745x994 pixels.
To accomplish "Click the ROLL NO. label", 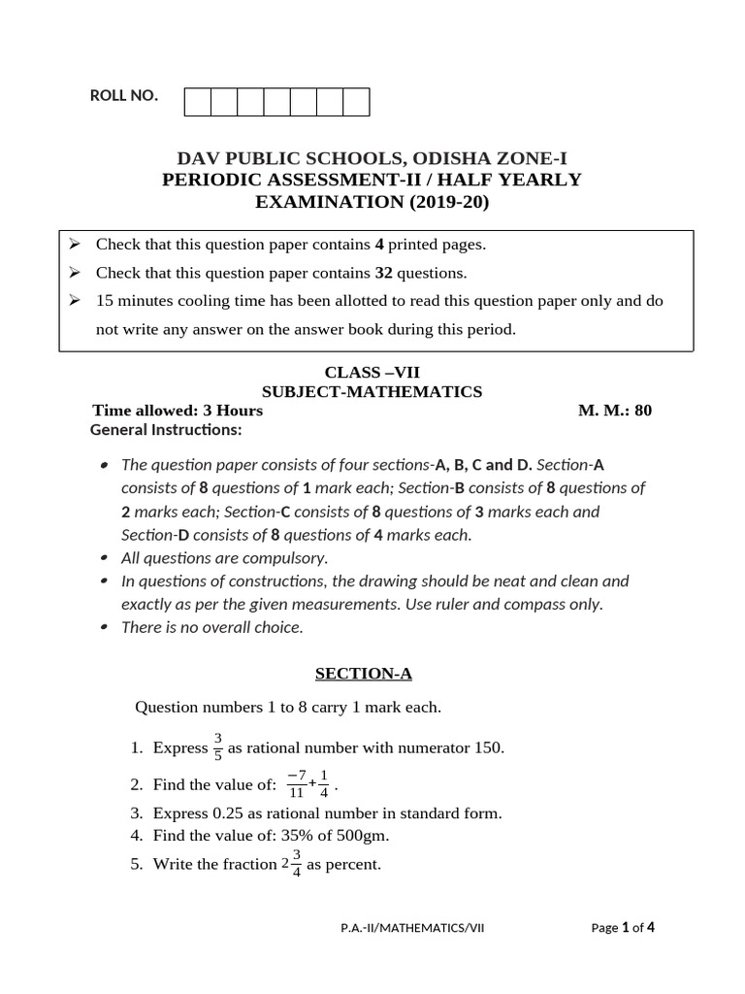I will [123, 95].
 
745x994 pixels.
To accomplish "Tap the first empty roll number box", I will [197, 102].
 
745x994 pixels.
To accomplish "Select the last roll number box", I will [356, 102].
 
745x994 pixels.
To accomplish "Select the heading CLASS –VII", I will [372, 372].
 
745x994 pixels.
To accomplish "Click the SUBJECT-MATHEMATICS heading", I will [372, 391].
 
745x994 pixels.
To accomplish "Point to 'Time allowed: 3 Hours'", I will [178, 411].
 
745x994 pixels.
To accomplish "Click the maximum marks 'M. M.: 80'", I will [615, 411].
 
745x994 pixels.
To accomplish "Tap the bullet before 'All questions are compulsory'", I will [105, 558].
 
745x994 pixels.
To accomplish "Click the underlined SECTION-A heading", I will [372, 672].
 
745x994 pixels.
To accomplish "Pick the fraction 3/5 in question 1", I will [218, 747].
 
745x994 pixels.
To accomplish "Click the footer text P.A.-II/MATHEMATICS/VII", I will [412, 928].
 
